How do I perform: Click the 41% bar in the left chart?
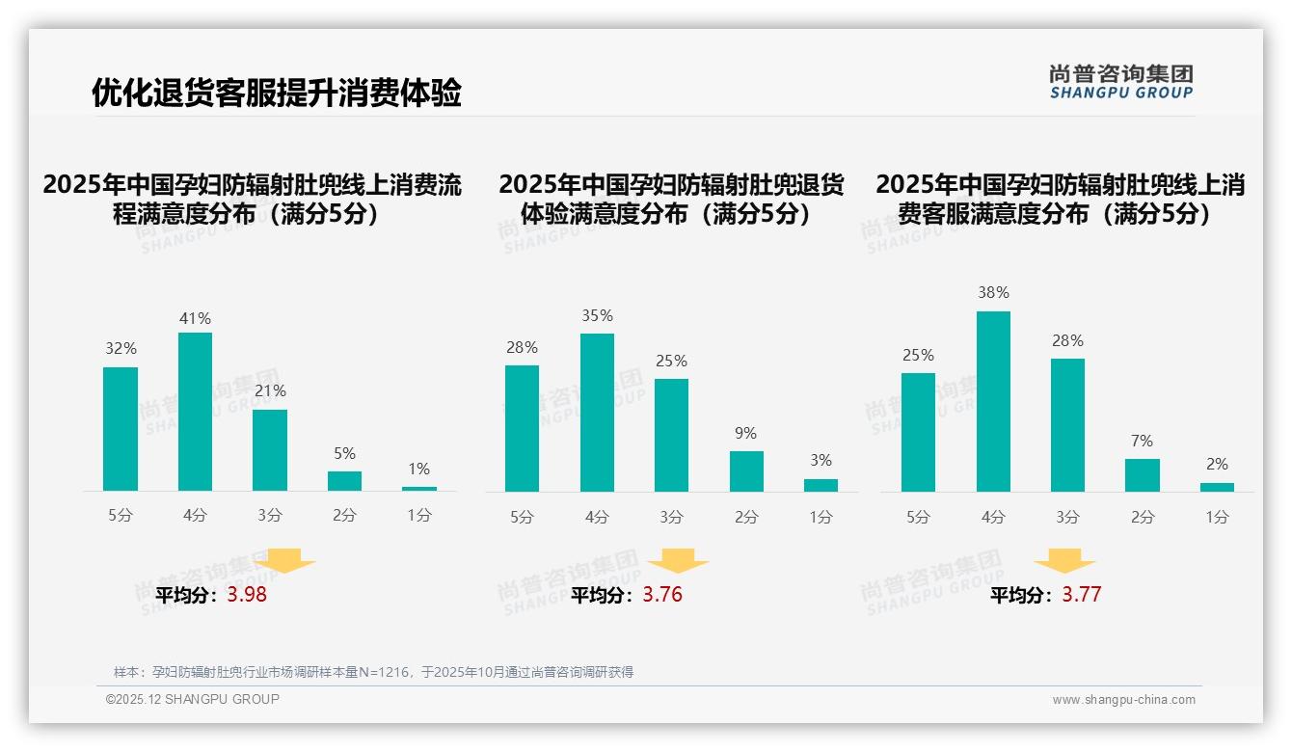[x=195, y=412]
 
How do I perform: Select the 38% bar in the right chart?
[x=993, y=401]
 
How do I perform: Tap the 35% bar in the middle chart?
[x=597, y=413]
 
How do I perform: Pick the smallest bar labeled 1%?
[x=418, y=489]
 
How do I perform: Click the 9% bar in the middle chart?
[x=746, y=471]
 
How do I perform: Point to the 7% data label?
[x=1142, y=442]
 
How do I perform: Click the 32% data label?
[x=121, y=349]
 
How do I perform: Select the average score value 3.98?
[x=247, y=595]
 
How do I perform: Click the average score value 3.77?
[x=1081, y=595]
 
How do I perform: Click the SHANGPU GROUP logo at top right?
[x=1120, y=82]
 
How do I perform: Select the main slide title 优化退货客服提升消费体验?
[x=277, y=94]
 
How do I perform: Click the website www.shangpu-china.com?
[x=1123, y=700]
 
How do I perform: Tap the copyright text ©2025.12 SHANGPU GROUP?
[x=193, y=699]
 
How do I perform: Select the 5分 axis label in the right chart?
[x=918, y=518]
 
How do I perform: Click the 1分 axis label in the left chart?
[x=419, y=516]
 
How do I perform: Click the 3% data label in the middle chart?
[x=821, y=461]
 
